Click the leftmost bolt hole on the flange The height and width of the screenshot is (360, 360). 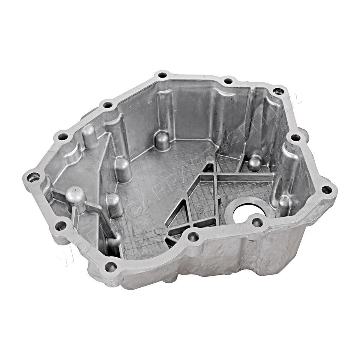click(x=33, y=177)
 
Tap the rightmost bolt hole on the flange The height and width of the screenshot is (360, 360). click(x=327, y=189)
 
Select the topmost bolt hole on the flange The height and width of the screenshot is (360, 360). click(x=162, y=75)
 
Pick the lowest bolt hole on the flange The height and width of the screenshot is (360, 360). click(x=110, y=267)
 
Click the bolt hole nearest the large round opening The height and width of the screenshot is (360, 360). click(x=257, y=222)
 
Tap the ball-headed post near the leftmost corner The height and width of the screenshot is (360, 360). click(x=76, y=195)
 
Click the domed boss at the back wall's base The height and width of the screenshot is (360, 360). click(x=162, y=140)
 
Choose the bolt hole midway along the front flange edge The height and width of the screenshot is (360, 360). click(x=193, y=237)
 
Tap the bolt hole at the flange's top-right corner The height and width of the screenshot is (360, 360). click(x=278, y=91)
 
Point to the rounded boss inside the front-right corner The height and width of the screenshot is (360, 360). click(x=284, y=204)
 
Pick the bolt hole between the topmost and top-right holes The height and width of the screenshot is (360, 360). click(x=228, y=81)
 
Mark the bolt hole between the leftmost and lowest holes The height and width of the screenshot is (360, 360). click(x=60, y=226)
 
